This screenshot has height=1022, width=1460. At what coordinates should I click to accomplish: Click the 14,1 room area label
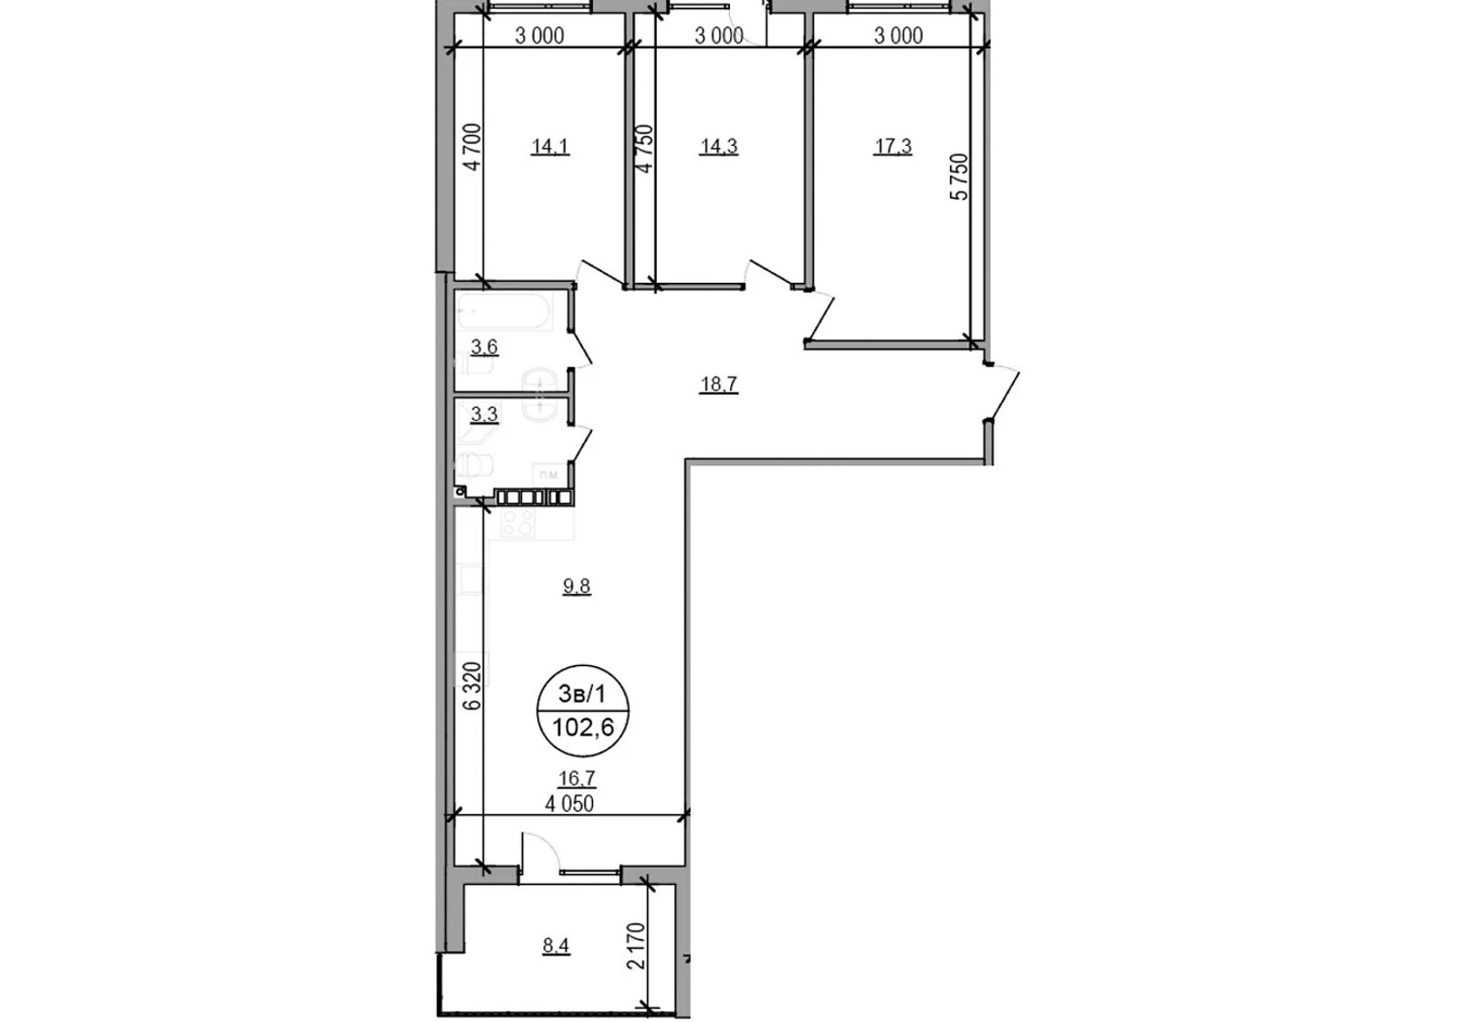[x=551, y=146]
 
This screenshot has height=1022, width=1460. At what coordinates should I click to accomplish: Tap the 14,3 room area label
[x=719, y=146]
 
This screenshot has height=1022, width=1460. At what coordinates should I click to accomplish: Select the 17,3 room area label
[x=893, y=146]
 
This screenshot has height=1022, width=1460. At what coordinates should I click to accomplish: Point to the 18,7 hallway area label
[x=719, y=384]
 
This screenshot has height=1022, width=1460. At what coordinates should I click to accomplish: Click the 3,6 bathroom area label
[x=485, y=348]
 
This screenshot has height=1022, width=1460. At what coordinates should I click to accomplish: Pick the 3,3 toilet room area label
[x=485, y=414]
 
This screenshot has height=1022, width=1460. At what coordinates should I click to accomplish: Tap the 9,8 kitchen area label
[x=577, y=587]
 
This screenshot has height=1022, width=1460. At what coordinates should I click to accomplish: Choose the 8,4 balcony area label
[x=556, y=945]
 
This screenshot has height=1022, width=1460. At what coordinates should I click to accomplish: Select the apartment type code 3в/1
[x=582, y=694]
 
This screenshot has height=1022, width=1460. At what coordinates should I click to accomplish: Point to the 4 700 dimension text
[x=473, y=147]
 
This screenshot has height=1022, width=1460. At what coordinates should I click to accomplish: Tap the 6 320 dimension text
[x=473, y=686]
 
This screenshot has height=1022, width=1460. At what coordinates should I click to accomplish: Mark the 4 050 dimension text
[x=569, y=804]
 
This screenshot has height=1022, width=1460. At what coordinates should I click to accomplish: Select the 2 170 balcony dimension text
[x=637, y=945]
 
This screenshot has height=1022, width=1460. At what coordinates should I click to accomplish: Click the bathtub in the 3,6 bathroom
[x=505, y=311]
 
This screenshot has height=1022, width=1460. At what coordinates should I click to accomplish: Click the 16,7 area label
[x=578, y=777]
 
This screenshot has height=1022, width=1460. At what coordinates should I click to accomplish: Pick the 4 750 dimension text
[x=644, y=148]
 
